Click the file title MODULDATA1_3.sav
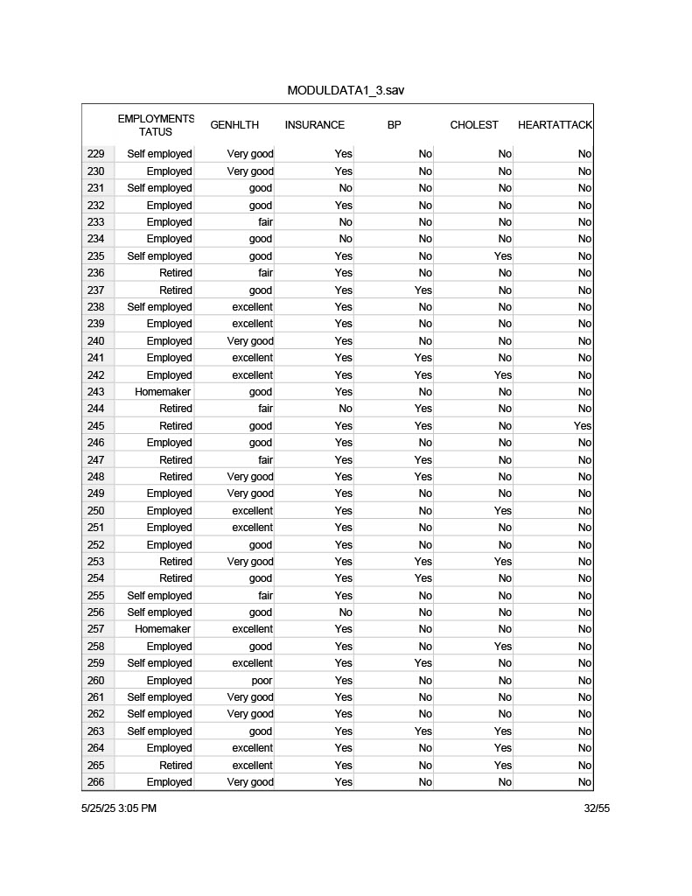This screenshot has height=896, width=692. click(x=346, y=91)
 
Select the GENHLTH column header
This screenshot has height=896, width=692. click(x=234, y=125)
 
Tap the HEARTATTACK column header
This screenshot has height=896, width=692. click(x=555, y=125)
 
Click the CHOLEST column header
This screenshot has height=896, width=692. click(x=474, y=125)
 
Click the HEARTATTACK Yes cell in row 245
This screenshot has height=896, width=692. click(x=583, y=426)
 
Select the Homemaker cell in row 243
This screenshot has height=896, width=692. click(x=163, y=392)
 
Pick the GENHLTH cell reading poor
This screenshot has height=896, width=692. click(x=262, y=681)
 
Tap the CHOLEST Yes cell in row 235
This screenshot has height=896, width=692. click(x=503, y=256)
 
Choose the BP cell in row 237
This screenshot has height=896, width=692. click(x=423, y=290)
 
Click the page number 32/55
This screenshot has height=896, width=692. click(x=597, y=808)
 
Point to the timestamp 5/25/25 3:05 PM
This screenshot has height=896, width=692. click(x=119, y=808)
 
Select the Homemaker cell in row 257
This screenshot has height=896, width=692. click(x=163, y=629)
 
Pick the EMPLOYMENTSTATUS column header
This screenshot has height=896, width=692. click(x=156, y=125)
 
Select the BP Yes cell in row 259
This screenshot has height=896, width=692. click(x=423, y=663)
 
